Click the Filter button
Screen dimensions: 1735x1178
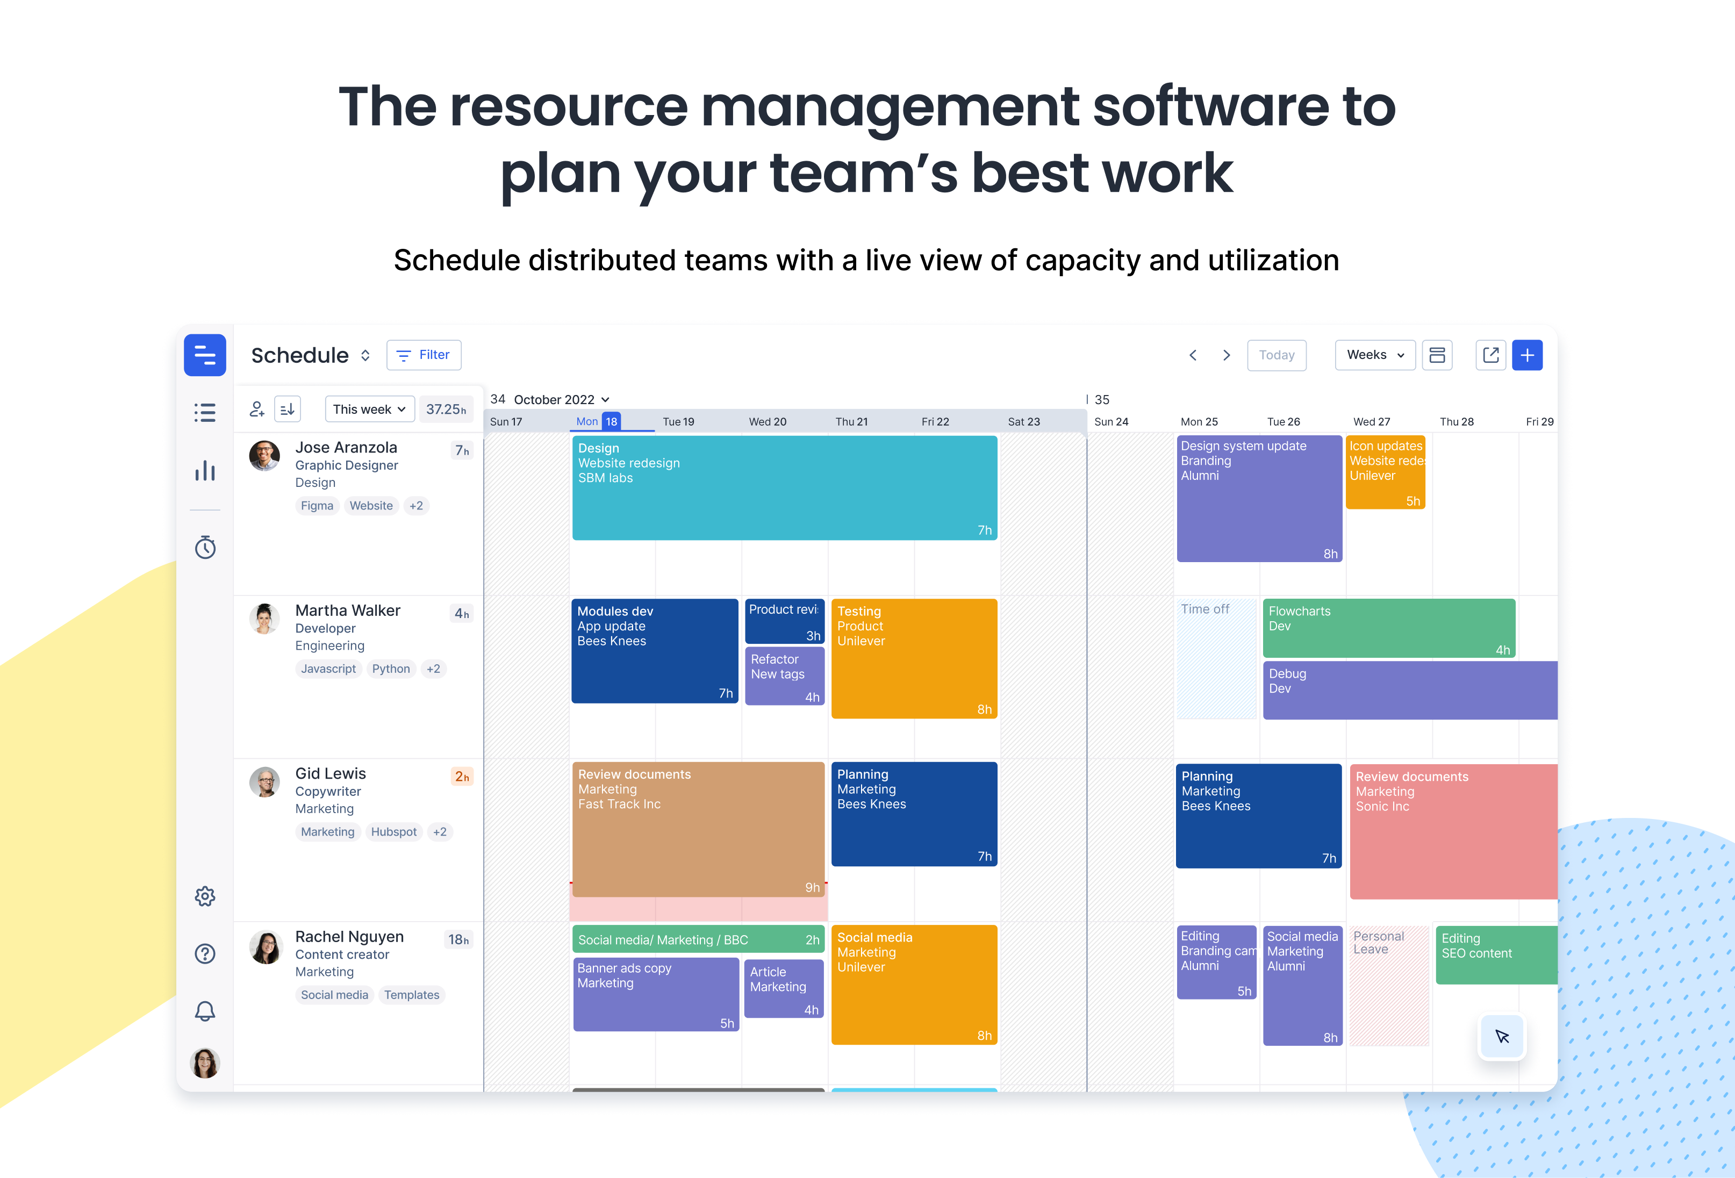point(424,355)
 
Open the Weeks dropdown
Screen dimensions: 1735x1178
point(1374,355)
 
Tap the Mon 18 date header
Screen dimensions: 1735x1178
point(597,421)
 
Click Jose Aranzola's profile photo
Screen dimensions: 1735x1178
point(264,455)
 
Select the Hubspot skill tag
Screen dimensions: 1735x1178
point(393,831)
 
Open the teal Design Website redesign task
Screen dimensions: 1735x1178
point(785,487)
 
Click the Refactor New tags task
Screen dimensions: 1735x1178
point(785,676)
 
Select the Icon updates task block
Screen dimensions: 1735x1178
point(1386,472)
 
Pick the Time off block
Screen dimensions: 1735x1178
point(1217,658)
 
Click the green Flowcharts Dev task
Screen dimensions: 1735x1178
point(1389,628)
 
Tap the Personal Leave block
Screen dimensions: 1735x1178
point(1389,986)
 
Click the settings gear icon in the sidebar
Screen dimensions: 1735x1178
point(205,896)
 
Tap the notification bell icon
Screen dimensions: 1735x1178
point(205,1011)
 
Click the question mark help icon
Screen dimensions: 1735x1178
point(205,953)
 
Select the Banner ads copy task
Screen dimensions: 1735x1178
point(656,994)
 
